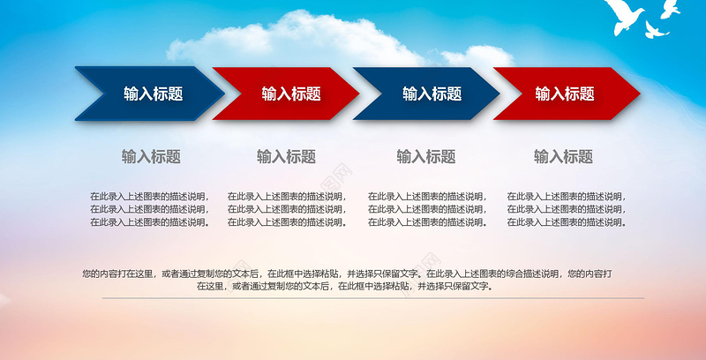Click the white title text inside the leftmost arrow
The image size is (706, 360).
tap(153, 94)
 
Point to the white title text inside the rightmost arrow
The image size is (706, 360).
tap(564, 94)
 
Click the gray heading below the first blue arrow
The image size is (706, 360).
tap(151, 157)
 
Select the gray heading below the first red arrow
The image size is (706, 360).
tap(286, 157)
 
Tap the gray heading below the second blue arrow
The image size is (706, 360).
tap(425, 157)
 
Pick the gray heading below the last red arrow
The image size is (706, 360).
tap(563, 157)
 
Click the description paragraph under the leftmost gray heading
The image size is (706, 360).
tap(149, 209)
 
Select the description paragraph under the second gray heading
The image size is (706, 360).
tap(287, 209)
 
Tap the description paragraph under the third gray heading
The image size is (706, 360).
tap(427, 209)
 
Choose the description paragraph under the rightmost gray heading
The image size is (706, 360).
tap(566, 209)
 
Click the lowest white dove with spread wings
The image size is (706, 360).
tap(654, 31)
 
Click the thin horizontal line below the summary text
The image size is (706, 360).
tap(353, 298)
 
